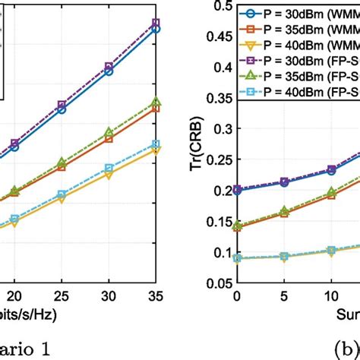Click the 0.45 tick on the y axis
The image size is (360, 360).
click(x=216, y=36)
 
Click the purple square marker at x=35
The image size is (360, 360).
click(x=156, y=24)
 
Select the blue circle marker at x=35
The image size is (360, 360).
click(x=156, y=29)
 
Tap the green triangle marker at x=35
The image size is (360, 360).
click(x=156, y=102)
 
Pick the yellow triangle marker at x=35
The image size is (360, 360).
click(x=156, y=150)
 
